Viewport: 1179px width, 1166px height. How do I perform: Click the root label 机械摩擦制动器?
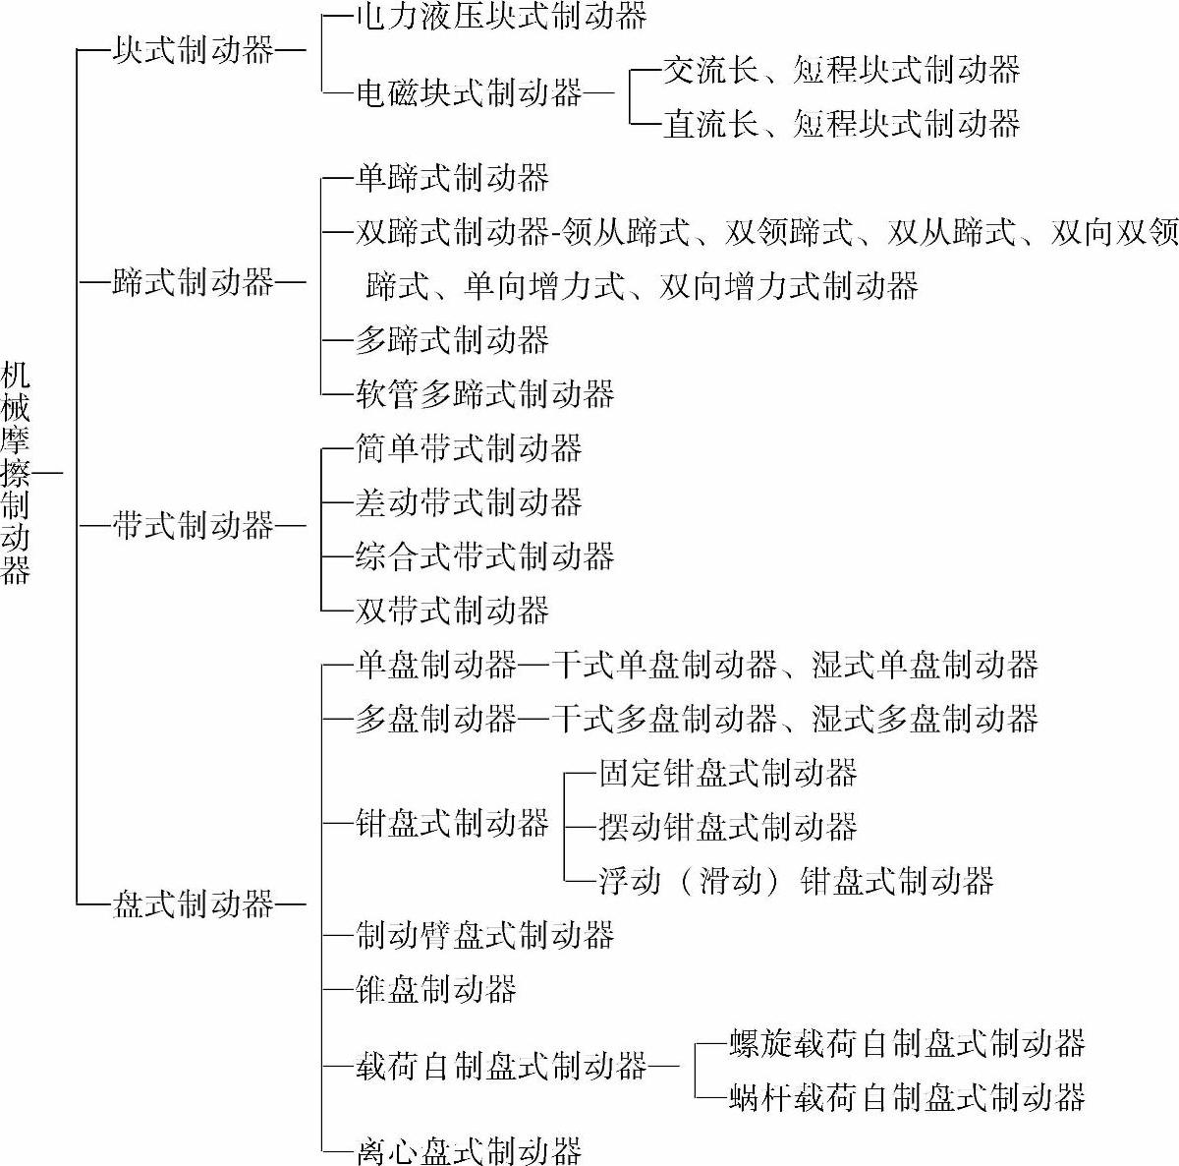[16, 473]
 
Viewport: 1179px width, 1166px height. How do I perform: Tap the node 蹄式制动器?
[193, 284]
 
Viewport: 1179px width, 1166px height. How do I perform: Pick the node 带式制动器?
[193, 526]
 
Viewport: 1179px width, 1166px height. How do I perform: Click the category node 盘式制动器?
[193, 904]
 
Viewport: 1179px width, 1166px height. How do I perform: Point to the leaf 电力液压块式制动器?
[501, 17]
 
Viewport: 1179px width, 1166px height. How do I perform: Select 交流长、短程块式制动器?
[842, 70]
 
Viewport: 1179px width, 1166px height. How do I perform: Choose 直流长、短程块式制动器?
[842, 124]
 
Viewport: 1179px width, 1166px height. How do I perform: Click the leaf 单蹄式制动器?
[452, 178]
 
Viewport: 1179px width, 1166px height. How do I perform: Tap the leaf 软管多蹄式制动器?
[484, 394]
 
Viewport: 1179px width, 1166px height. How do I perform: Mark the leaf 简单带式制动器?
[469, 448]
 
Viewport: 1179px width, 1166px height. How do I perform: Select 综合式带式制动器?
[484, 556]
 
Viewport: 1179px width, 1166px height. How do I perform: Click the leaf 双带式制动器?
[452, 611]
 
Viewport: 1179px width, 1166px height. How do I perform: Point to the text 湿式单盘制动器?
[926, 665]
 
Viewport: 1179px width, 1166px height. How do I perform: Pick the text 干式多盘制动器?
[665, 719]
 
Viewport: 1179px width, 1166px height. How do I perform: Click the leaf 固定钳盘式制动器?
[728, 773]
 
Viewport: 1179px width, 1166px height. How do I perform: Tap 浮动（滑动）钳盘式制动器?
[797, 880]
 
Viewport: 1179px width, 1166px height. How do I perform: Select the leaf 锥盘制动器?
[436, 988]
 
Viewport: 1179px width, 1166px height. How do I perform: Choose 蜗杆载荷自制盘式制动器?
[907, 1096]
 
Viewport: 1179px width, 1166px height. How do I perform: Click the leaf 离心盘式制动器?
[469, 1150]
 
